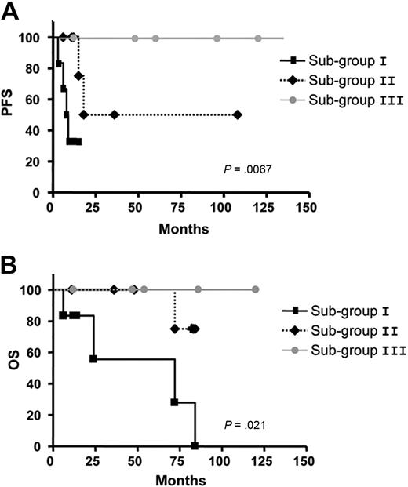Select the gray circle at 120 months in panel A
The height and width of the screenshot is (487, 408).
(258, 38)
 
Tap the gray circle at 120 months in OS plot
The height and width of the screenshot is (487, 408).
(256, 290)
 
